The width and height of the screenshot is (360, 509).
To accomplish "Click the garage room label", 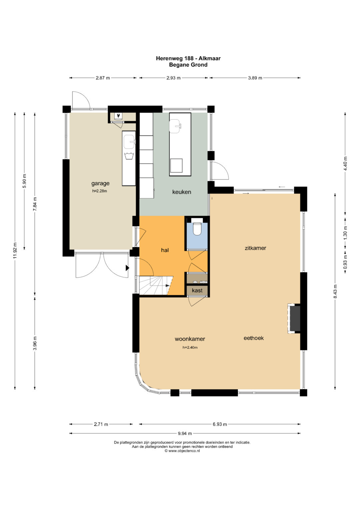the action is tap(100, 183).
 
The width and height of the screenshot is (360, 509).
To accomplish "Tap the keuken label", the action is tap(182, 192).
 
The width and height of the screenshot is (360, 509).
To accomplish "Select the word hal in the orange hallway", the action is tap(165, 250).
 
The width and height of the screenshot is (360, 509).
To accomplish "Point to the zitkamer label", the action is tap(255, 248).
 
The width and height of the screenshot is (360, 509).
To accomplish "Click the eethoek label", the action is tap(254, 338).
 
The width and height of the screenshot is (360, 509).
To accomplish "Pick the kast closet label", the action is tap(197, 290).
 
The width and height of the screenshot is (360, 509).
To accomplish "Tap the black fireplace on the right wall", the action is tap(295, 318).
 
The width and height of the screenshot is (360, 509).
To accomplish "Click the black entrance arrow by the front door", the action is tap(127, 268).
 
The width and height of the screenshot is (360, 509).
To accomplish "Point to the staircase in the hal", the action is tap(156, 285).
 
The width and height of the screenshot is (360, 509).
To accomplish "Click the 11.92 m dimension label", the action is tap(15, 251).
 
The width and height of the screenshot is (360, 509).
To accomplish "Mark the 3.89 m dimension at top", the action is tap(255, 78).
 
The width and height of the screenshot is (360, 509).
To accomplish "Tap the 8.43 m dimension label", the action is tap(335, 292).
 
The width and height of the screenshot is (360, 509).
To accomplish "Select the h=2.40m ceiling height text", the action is tap(190, 347).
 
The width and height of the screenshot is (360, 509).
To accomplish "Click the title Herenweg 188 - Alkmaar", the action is tap(188, 58).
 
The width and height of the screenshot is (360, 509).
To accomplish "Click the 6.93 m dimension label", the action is tap(220, 424).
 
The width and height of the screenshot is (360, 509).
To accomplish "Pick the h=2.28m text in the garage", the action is tap(100, 191).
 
